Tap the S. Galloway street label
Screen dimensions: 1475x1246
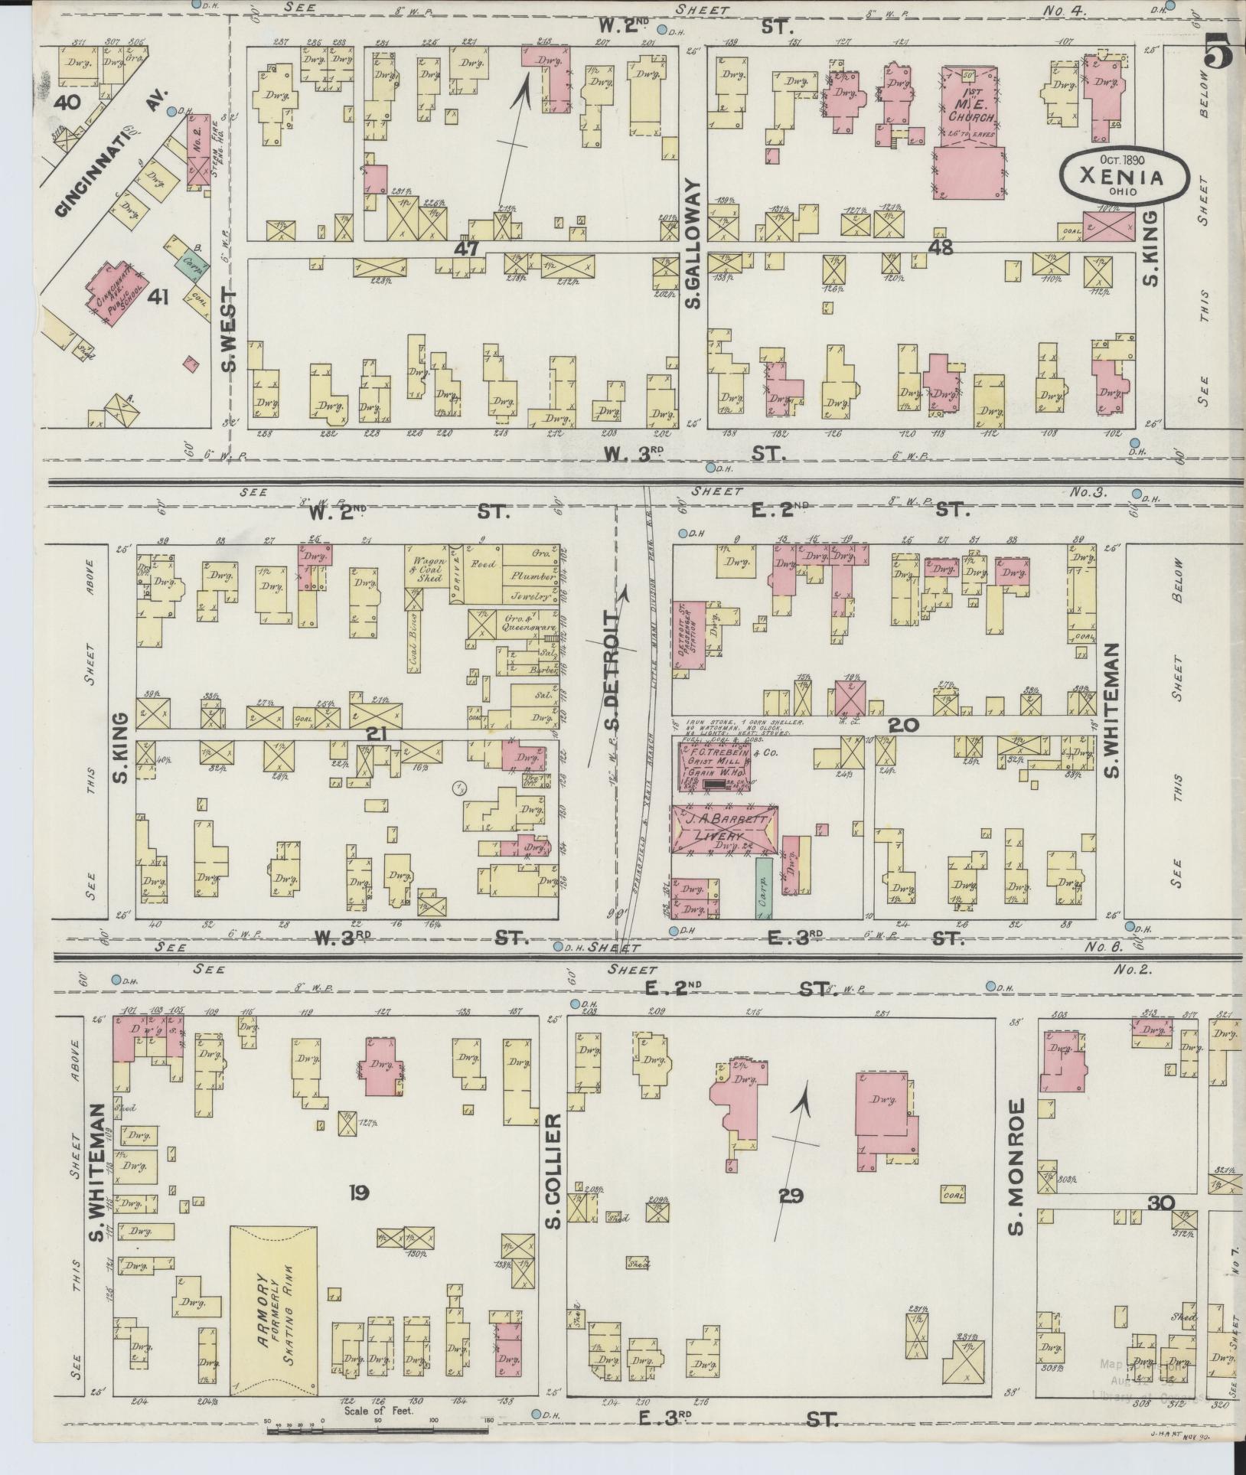(693, 243)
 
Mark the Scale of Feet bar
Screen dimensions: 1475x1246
(379, 1430)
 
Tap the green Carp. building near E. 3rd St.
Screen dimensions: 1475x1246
(762, 888)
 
